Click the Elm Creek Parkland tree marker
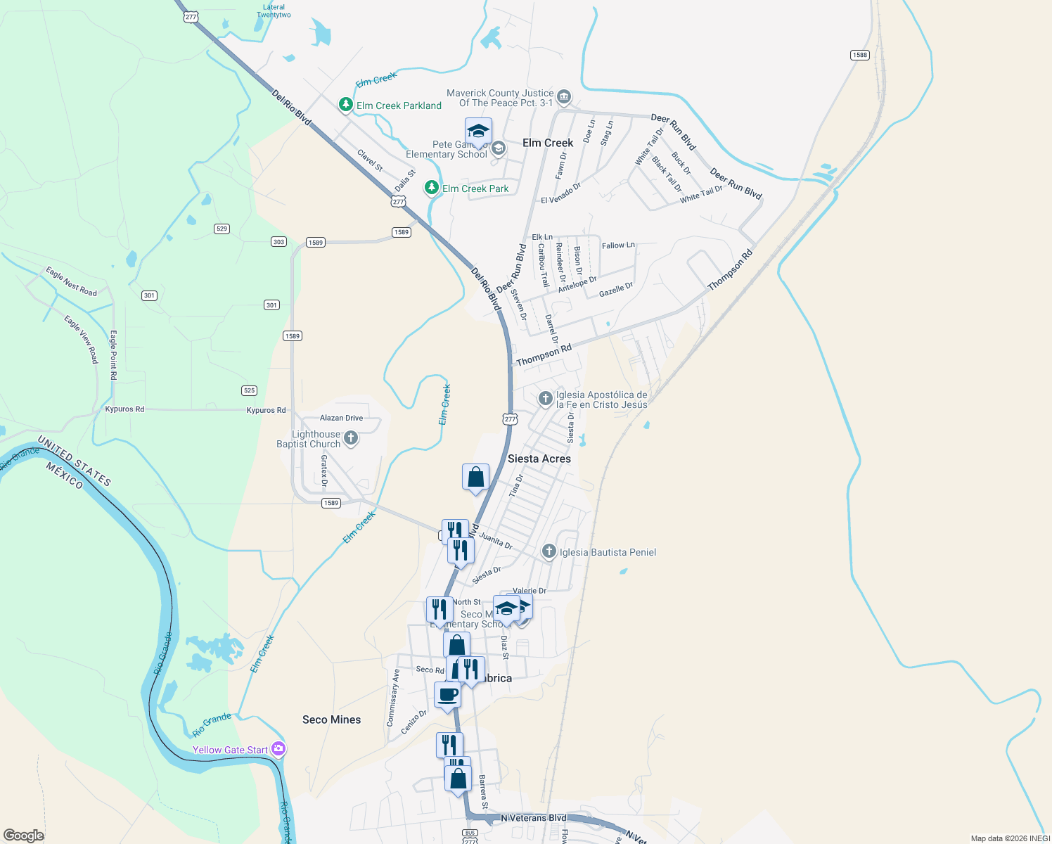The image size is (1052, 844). point(345,105)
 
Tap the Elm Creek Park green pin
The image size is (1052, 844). point(432,188)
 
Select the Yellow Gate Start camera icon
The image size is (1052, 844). point(278,749)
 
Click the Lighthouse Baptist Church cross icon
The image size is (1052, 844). point(351,439)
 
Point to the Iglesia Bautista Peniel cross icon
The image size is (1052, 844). point(549,552)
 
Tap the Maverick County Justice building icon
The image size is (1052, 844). point(563,97)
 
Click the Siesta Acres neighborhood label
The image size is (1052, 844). point(539,459)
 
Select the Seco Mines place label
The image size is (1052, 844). point(331,720)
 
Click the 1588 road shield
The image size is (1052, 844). point(859,55)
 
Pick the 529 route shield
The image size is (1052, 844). point(222,229)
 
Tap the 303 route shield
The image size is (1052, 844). point(278,242)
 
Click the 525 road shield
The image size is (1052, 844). point(249,390)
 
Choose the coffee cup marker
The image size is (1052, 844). point(448,696)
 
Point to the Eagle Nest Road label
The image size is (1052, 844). point(71,281)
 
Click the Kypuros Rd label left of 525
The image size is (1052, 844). point(124,409)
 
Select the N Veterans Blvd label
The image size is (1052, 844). point(533,818)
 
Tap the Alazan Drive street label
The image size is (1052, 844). point(342,418)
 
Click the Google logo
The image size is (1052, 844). point(23,836)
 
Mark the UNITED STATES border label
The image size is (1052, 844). point(74,461)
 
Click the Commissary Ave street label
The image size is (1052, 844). point(393,697)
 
